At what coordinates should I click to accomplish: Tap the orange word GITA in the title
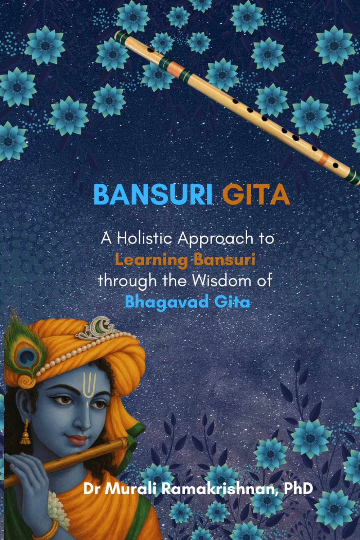pyautogui.click(x=256, y=195)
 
